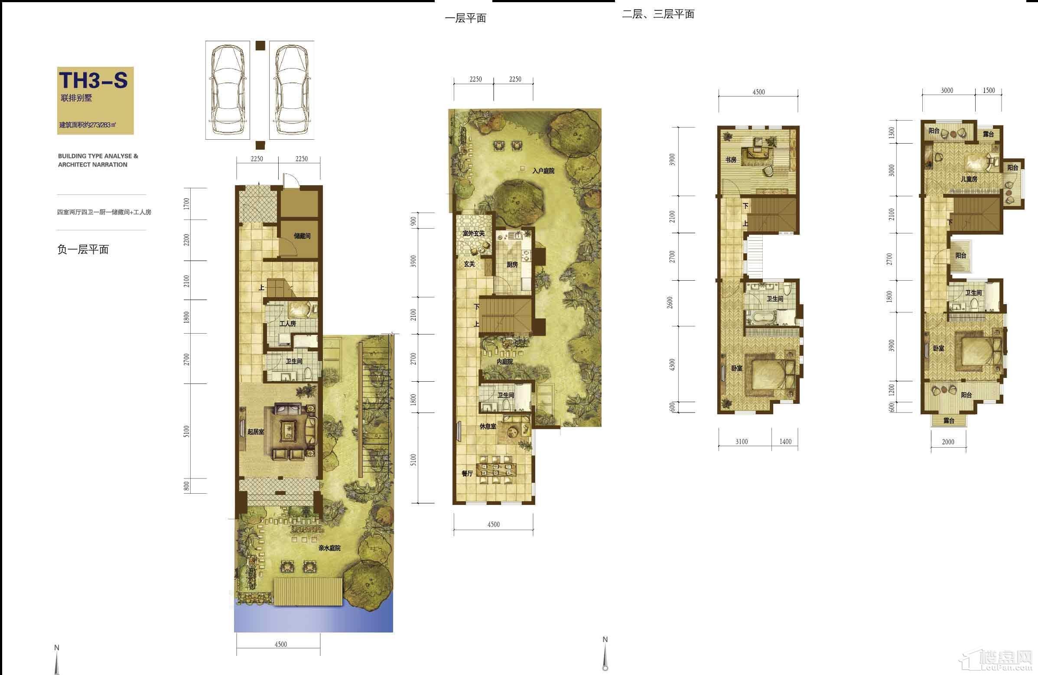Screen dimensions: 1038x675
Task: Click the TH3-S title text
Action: [x=93, y=80]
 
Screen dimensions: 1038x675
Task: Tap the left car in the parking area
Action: [x=228, y=90]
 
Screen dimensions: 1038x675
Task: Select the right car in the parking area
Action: [x=292, y=90]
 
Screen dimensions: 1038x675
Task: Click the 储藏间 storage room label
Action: [x=302, y=236]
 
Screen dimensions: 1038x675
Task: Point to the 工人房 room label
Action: [x=288, y=324]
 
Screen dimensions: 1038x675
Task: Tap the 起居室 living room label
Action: [x=256, y=432]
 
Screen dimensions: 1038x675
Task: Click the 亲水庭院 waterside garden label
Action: [x=329, y=548]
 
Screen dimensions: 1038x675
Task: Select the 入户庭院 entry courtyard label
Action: [x=543, y=171]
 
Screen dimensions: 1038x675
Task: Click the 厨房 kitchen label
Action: [x=512, y=265]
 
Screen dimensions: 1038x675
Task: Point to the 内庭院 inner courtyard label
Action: [x=504, y=361]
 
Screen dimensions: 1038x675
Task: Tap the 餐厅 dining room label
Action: [x=467, y=473]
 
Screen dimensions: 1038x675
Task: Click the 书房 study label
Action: [x=731, y=160]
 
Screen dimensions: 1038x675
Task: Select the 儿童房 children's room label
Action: [x=969, y=179]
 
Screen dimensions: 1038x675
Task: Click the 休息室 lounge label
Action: [x=488, y=426]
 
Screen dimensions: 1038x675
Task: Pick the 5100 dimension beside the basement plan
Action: [x=187, y=431]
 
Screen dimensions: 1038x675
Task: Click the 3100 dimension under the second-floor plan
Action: [x=742, y=442]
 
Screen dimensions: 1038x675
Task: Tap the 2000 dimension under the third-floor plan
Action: [x=948, y=442]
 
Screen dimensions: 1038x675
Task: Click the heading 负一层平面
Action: [x=83, y=249]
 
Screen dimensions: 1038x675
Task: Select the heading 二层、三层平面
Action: [x=658, y=14]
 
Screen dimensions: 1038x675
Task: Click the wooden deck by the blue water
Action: [x=308, y=592]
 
